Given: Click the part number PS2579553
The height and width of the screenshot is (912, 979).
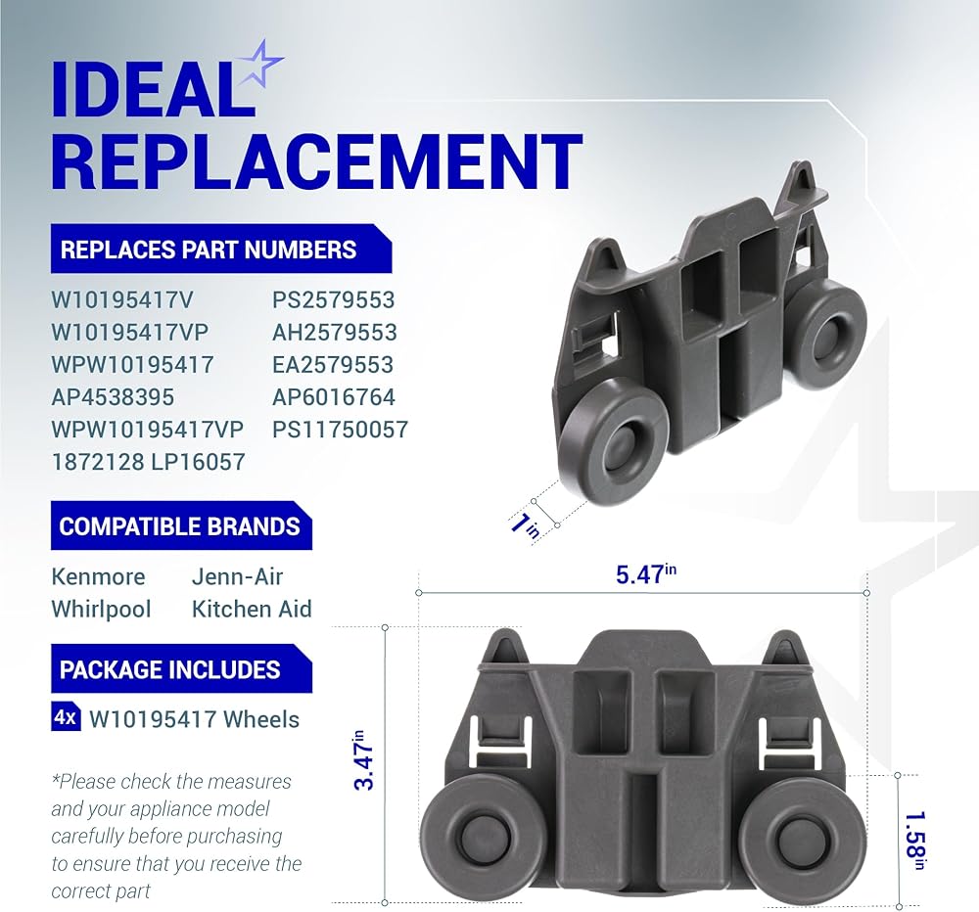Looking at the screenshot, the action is tap(334, 300).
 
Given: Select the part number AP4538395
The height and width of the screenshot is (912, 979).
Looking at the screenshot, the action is tap(113, 397).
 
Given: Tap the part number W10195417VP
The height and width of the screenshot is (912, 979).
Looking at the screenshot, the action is tap(130, 333).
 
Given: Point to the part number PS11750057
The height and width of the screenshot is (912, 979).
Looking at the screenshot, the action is tap(341, 430).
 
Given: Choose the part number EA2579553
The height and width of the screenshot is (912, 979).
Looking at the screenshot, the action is tap(333, 365).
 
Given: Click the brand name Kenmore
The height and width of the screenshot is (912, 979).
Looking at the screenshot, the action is tap(98, 576).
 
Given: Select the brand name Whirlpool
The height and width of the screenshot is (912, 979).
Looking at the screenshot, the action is tap(101, 609).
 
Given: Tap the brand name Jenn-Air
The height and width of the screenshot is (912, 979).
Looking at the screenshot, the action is tap(237, 576).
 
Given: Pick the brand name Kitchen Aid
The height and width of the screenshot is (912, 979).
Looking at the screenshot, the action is tap(252, 609).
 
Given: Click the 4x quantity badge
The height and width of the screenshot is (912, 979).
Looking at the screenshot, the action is tap(65, 718).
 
